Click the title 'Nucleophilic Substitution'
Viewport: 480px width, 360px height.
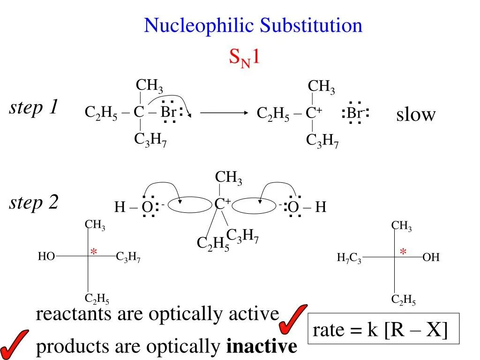pos(253,25)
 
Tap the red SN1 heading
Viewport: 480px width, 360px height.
pos(244,59)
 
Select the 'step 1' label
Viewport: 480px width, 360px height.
pos(34,108)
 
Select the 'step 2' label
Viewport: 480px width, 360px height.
pos(34,203)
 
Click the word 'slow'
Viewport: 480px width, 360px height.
pos(416,114)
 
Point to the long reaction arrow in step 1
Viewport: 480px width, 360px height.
pos(224,113)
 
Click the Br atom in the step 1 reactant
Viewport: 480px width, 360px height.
pos(168,112)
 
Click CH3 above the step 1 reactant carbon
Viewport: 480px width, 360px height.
pos(150,86)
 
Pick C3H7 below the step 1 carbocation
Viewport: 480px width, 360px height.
pos(322,140)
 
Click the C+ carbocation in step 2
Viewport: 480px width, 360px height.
pos(222,204)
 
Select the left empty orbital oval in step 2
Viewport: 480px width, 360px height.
pos(190,205)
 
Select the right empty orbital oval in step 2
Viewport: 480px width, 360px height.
pos(254,205)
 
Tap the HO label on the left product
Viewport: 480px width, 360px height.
pos(46,256)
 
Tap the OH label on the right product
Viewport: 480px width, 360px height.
pos(431,257)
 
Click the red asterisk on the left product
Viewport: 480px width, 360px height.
pos(93,252)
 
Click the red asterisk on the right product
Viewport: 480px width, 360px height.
pos(403,252)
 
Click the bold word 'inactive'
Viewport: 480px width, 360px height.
pos(262,347)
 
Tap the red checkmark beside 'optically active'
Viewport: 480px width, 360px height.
pos(292,317)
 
